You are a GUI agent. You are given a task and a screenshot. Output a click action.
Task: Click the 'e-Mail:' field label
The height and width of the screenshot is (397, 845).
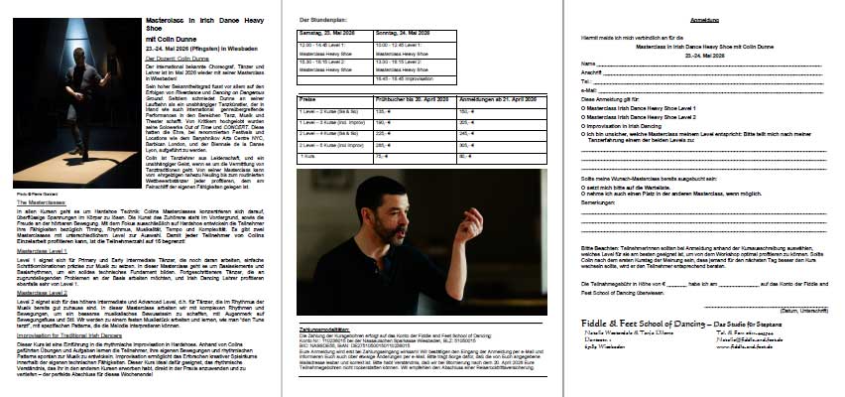(591, 88)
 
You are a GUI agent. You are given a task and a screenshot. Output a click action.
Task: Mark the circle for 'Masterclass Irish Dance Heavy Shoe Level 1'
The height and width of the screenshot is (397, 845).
(585, 107)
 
